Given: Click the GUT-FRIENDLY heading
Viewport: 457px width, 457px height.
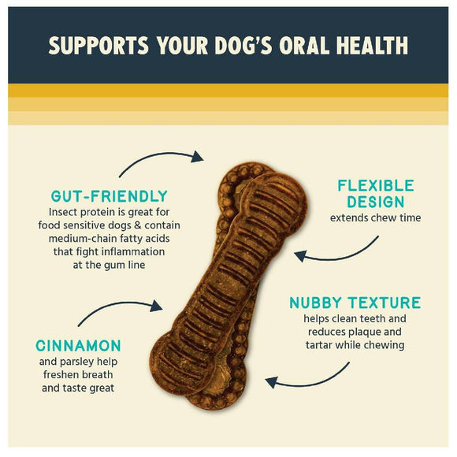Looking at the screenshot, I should pyautogui.click(x=109, y=196).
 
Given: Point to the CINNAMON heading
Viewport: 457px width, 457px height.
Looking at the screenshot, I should pyautogui.click(x=78, y=345).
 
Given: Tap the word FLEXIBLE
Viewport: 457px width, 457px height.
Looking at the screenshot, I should pyautogui.click(x=375, y=186).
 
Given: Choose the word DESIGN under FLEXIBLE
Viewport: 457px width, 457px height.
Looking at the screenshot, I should pyautogui.click(x=375, y=202).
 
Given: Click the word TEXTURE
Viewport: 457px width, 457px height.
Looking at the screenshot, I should pyautogui.click(x=387, y=303).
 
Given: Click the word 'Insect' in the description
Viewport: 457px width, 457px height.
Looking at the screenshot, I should pyautogui.click(x=64, y=212).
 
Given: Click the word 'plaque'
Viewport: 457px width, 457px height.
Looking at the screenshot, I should pyautogui.click(x=370, y=332).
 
